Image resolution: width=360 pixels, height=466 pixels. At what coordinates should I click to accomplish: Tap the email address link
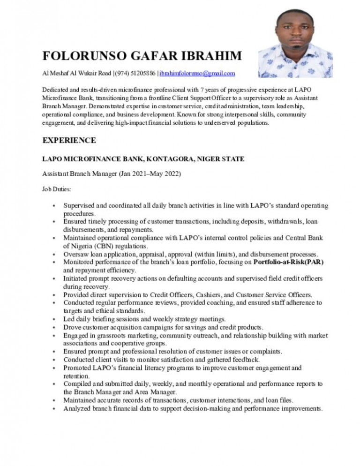[x=198, y=74]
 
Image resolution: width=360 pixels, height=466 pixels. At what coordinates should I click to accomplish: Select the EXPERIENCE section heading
[x=69, y=140]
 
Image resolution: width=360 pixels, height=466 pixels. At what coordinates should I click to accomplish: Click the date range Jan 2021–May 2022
[x=151, y=174]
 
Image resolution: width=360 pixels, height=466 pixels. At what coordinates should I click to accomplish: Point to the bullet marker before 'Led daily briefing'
[x=55, y=319]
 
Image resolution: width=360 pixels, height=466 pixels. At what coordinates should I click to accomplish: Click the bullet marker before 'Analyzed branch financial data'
[x=55, y=408]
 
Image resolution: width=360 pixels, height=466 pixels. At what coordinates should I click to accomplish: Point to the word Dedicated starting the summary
[x=56, y=89]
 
